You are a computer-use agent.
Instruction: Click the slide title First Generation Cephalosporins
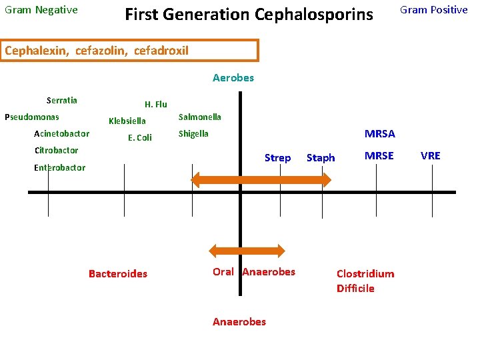(249, 14)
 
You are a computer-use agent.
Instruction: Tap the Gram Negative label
(41, 10)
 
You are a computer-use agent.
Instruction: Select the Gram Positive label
(433, 10)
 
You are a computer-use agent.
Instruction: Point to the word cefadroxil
(161, 51)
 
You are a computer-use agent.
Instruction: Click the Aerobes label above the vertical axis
(233, 78)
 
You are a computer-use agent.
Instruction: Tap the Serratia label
(62, 101)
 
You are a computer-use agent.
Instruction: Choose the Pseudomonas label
(31, 117)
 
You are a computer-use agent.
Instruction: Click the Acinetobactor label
(61, 134)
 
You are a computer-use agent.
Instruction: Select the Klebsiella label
(127, 121)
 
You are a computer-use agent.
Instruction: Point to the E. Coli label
(140, 138)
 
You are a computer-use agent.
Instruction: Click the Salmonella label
(199, 117)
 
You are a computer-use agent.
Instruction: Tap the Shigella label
(193, 134)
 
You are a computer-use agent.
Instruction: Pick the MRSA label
(379, 134)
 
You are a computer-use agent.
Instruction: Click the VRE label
(431, 156)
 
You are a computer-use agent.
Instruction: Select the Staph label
(321, 158)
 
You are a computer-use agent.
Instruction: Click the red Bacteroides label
(118, 274)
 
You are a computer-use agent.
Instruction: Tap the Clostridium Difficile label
(365, 281)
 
